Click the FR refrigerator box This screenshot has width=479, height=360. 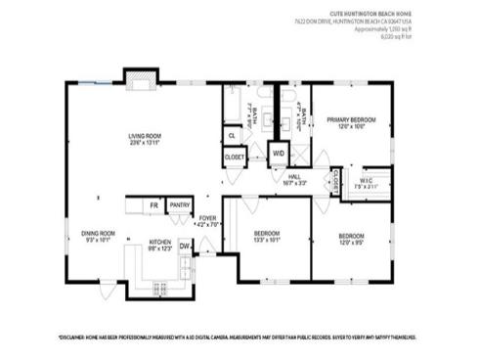pos(153,205)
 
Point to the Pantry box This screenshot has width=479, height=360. pos(180,205)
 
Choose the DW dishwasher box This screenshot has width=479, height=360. pos(184,247)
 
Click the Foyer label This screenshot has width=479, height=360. pos(207,221)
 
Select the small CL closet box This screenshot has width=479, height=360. pos(232,135)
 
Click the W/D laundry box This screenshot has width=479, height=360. pos(278,154)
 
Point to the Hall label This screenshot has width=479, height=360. pos(293,178)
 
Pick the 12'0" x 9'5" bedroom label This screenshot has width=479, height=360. pos(352,238)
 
